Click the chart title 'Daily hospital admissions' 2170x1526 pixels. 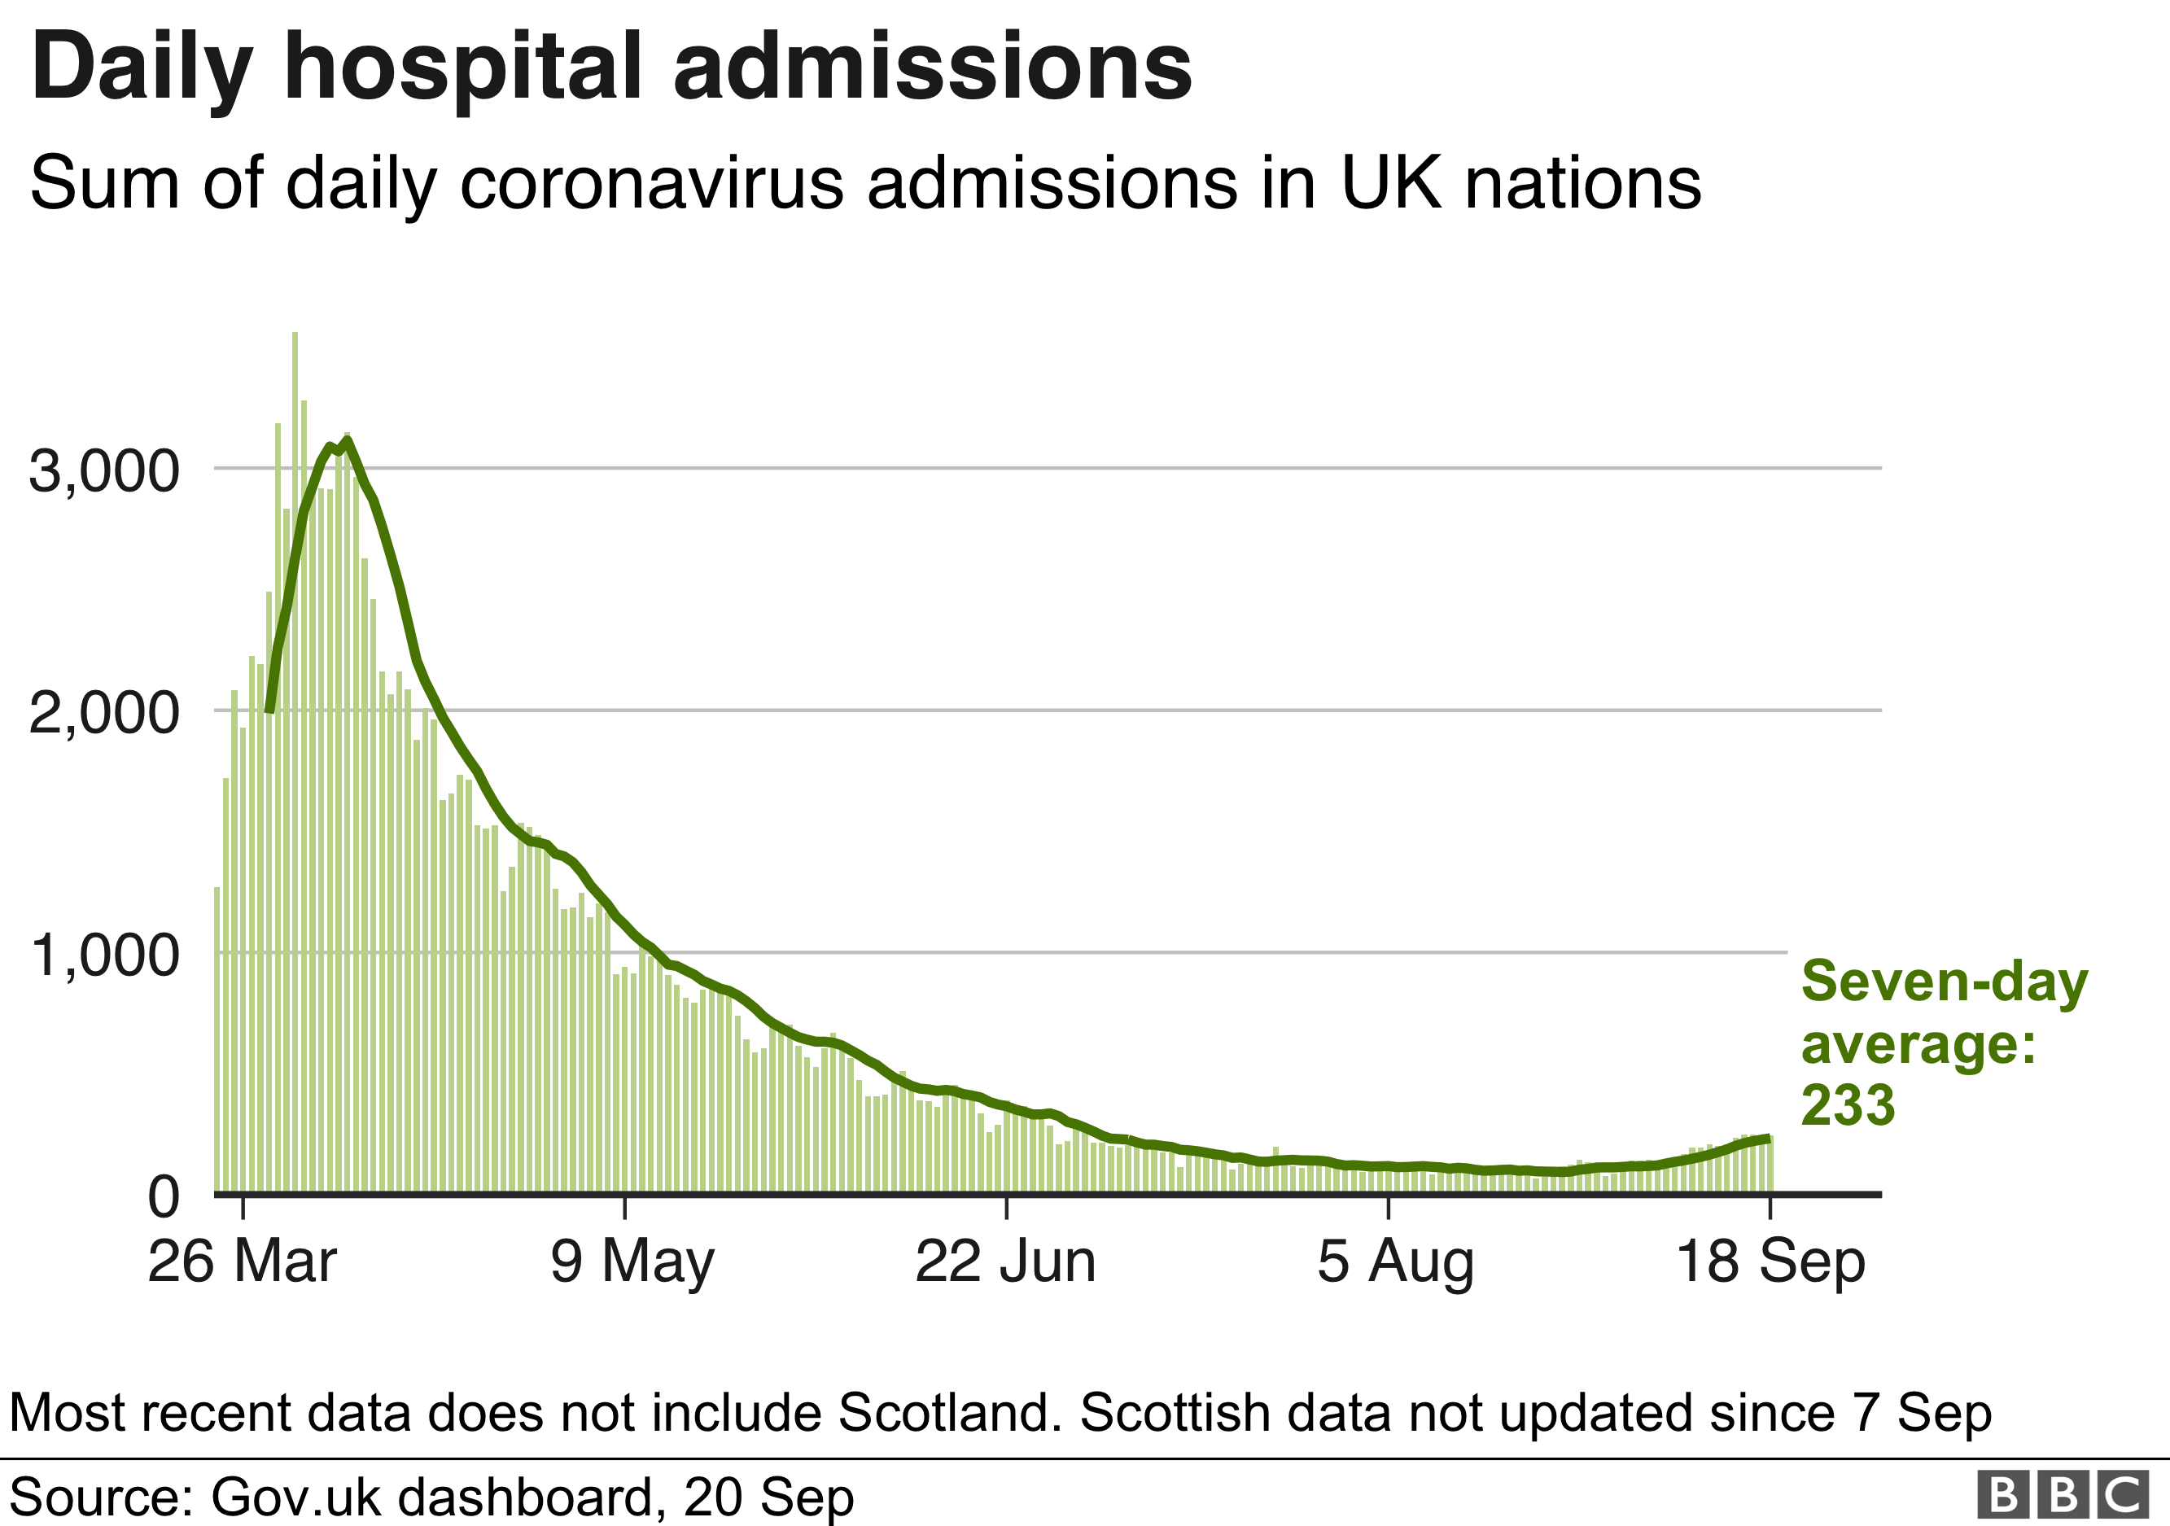coord(611,68)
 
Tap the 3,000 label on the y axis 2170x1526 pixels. coord(104,470)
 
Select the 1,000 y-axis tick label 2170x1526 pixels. coord(105,955)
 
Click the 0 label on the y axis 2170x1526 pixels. coord(164,1197)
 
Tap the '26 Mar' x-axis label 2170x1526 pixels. coord(242,1261)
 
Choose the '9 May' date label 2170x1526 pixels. coord(632,1261)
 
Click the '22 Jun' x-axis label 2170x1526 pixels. coord(1005,1261)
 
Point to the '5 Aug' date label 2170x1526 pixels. coord(1395,1261)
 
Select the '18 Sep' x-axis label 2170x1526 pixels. coord(1770,1261)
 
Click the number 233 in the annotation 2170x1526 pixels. coord(1848,1104)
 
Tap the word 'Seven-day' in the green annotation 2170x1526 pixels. coord(1944,982)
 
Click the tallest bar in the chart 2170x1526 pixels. coord(295,756)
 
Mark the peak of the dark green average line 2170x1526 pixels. coord(348,440)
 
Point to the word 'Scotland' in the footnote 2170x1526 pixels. coord(944,1413)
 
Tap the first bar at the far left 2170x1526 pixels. coord(217,1039)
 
